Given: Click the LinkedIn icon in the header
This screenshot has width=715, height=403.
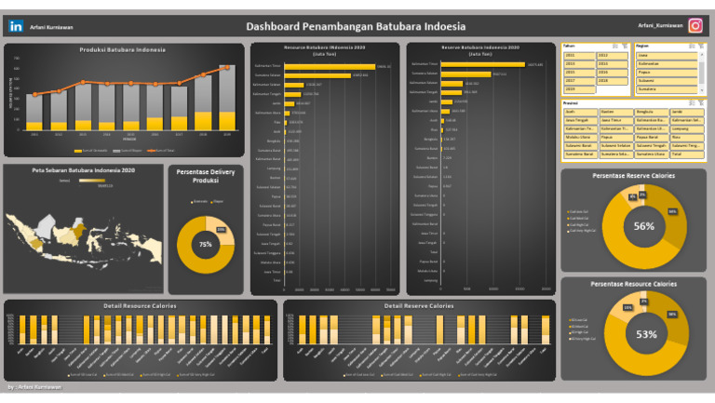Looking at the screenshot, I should pos(16,27).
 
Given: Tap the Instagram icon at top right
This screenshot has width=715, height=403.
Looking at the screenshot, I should pos(695,26).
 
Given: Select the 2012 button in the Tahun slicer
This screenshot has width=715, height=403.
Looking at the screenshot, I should pos(613,55).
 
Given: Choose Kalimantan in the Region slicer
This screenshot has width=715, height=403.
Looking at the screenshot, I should pos(667,63).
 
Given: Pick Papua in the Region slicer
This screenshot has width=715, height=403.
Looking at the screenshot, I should pos(667,72).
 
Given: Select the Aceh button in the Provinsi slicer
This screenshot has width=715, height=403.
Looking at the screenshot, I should pos(580,111).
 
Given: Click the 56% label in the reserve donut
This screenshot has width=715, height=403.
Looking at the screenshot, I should pos(644,226).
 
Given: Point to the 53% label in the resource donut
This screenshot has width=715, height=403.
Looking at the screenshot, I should pos(646,334).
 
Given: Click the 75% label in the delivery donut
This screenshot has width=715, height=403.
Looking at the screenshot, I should pos(205,245).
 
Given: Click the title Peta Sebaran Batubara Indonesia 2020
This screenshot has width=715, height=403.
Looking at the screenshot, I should pos(84,170).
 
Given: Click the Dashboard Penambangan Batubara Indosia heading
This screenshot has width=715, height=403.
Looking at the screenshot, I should pos(356,27).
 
